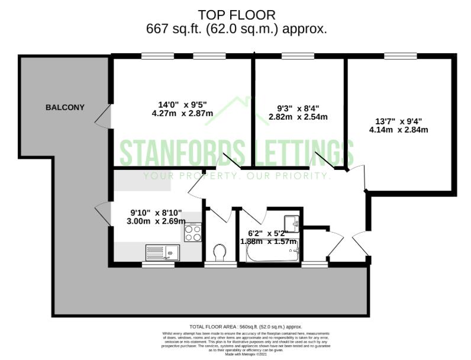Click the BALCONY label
pos(65,108)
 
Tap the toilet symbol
pos(219,253)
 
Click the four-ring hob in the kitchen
pos(193,232)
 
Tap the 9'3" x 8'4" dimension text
pos(298,112)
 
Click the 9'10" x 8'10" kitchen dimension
pos(156,217)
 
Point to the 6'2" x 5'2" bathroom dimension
pos(267,237)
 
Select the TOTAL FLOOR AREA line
pos(245,326)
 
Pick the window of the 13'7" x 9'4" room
pos(401,56)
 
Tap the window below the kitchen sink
pos(157,265)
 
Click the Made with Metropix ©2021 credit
pos(245,354)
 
